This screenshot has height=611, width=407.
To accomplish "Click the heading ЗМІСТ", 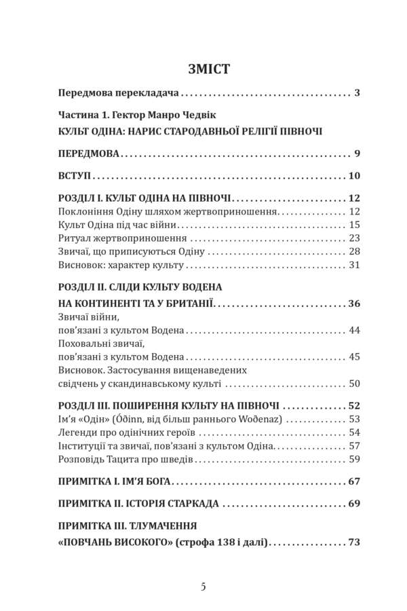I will (x=203, y=68).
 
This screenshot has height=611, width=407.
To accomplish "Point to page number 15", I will (x=354, y=225).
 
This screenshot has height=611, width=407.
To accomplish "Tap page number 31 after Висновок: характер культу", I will (x=354, y=265).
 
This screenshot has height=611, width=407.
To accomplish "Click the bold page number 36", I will (x=353, y=303).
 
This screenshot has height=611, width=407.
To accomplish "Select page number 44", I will (x=354, y=331).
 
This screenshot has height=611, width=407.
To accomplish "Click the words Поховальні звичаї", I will (x=102, y=344).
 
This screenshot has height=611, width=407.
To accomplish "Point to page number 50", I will (x=354, y=384).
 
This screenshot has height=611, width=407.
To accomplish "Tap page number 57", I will (x=354, y=446).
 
